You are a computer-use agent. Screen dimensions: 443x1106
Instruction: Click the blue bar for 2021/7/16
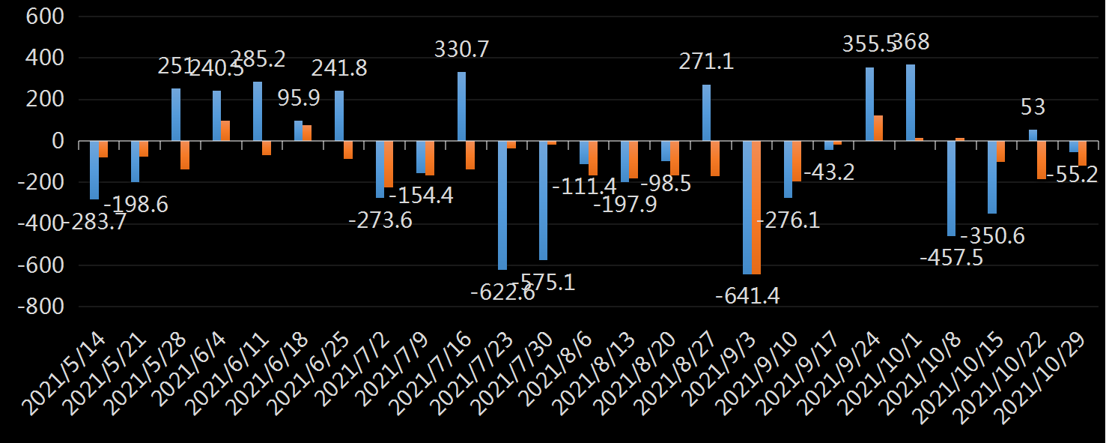click(x=461, y=106)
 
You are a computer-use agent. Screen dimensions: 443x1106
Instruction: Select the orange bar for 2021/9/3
click(x=756, y=208)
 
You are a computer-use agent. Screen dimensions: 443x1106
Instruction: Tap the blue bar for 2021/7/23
click(x=502, y=205)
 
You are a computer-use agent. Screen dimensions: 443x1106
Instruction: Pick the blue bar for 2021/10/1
click(x=910, y=103)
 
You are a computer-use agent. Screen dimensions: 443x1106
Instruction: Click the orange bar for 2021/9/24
click(x=878, y=128)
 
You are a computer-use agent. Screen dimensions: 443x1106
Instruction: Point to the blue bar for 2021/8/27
click(x=706, y=112)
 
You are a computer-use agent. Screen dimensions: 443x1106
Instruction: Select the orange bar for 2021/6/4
click(x=225, y=131)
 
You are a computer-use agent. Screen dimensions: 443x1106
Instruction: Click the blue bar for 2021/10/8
click(x=951, y=188)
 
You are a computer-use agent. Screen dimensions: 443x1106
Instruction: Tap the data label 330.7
click(x=462, y=50)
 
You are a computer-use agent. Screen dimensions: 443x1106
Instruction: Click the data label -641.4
click(x=747, y=296)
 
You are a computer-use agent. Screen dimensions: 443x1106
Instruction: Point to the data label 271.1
click(x=706, y=62)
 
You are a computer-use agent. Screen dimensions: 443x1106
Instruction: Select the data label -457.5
click(x=952, y=257)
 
